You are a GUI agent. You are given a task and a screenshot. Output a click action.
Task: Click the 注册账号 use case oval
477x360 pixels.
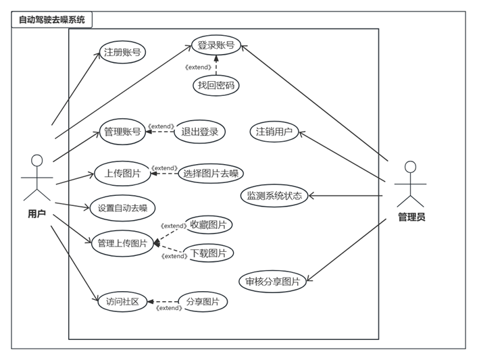[124, 52]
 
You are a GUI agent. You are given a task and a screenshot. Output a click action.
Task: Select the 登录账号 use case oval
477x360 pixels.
[216, 45]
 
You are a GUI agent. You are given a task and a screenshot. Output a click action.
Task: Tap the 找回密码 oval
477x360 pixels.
[216, 86]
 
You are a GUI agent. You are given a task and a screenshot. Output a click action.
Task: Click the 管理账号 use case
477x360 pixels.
[122, 132]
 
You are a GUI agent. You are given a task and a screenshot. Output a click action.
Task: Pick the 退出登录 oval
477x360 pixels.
[200, 132]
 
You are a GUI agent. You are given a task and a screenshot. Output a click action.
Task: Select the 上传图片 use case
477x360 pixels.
[122, 174]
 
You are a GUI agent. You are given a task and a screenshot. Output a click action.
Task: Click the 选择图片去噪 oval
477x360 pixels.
[211, 174]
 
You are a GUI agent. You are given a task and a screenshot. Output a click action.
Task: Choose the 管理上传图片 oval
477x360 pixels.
[122, 243]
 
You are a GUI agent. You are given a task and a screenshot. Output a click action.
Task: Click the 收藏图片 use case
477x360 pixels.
[208, 225]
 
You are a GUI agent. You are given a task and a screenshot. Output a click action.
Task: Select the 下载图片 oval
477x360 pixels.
[208, 253]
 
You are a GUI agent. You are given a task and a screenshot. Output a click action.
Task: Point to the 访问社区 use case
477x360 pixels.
[122, 302]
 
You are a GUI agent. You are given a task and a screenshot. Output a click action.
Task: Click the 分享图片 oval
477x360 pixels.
[202, 302]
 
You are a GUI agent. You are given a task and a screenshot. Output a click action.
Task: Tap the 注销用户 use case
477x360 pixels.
[274, 132]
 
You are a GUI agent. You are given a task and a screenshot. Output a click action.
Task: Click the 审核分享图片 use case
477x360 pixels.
[273, 282]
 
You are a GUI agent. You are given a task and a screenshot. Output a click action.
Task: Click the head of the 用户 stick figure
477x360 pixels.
[37, 161]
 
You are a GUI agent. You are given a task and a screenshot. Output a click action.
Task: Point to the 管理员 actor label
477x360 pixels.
[411, 217]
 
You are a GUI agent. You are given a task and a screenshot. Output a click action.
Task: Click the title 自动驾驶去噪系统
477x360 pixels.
[52, 20]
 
